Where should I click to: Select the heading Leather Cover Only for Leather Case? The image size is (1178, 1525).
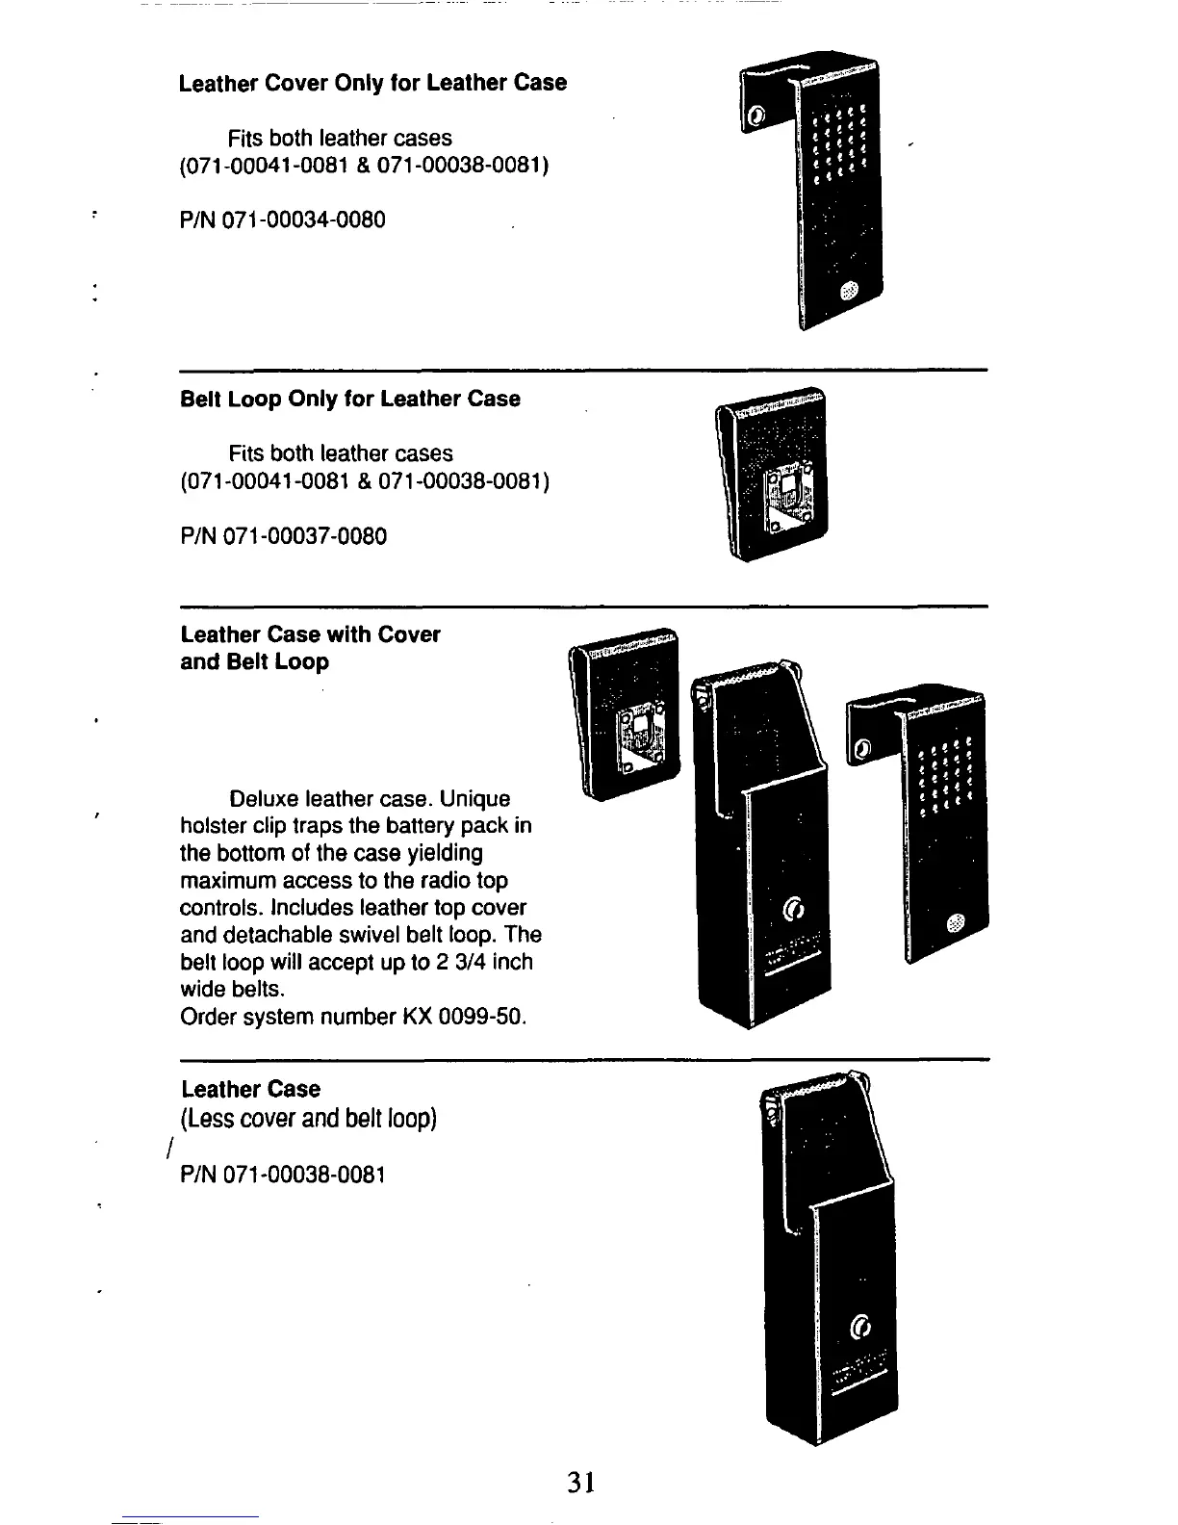pyautogui.click(x=372, y=83)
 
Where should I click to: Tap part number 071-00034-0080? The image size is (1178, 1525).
pyautogui.click(x=303, y=220)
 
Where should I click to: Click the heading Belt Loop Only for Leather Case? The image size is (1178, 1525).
pyautogui.click(x=349, y=399)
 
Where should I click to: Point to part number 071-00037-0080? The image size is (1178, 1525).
pyautogui.click(x=304, y=536)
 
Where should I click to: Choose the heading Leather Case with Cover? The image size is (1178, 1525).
pyautogui.click(x=310, y=634)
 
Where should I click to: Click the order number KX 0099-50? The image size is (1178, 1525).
pyautogui.click(x=464, y=1017)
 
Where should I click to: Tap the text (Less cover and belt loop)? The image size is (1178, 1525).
pyautogui.click(x=309, y=1119)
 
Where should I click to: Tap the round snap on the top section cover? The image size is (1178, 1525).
pyautogui.click(x=848, y=292)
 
